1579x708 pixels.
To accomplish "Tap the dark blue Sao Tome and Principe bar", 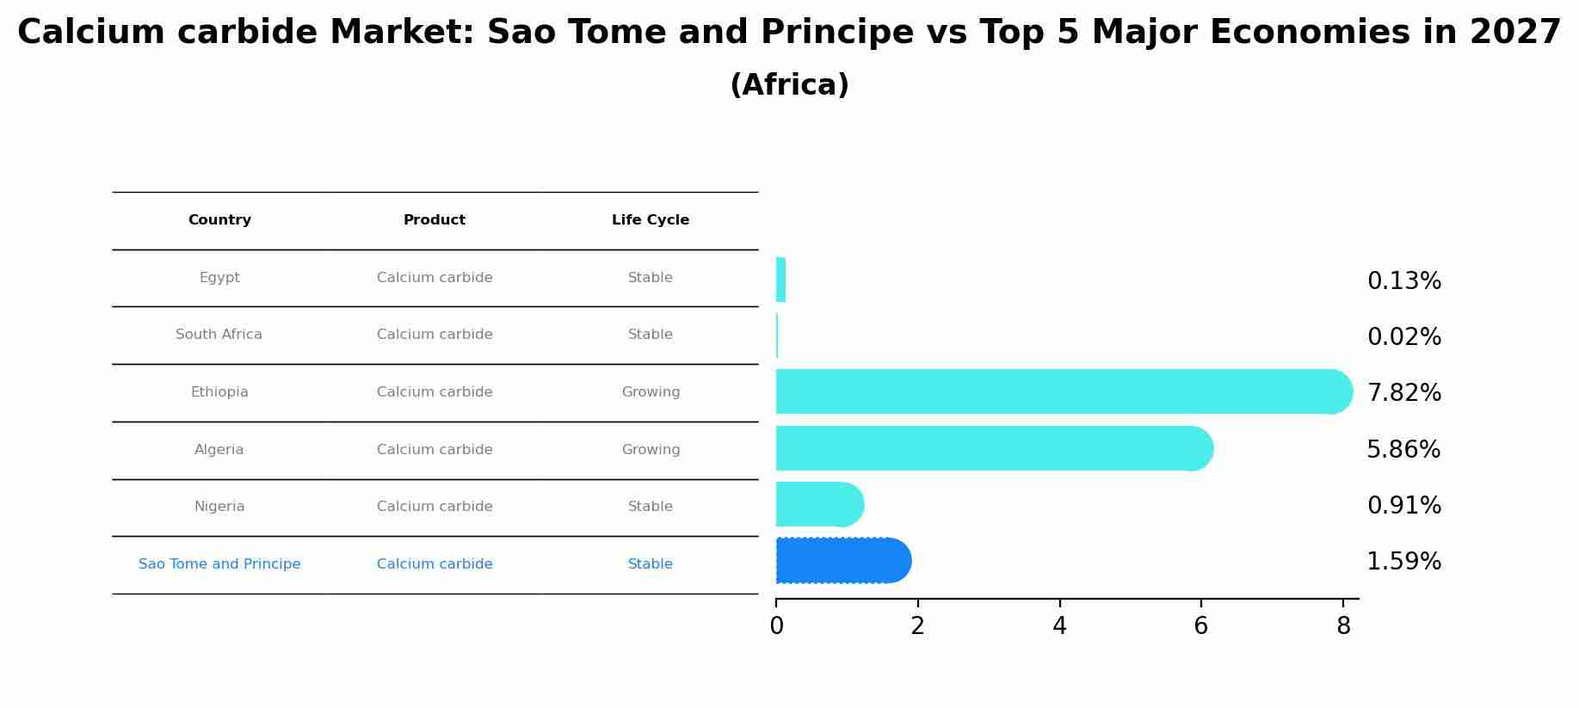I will pos(842,560).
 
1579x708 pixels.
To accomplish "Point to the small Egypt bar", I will pos(780,280).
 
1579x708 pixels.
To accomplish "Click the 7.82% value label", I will pos(1403,393).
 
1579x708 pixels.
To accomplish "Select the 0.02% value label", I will pos(1403,337).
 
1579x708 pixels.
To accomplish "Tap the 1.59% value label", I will pos(1403,562).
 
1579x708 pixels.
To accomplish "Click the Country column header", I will pos(219,220).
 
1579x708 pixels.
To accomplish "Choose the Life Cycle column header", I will pos(651,220).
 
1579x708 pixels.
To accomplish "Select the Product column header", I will pos(435,220).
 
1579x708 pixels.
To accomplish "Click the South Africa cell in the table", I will pos(219,335).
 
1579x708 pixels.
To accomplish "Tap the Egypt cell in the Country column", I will pos(219,278).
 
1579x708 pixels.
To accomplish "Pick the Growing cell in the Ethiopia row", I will pos(651,392).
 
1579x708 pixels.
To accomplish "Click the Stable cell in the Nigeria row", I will pos(651,507).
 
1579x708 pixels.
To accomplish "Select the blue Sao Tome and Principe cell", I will pos(219,564).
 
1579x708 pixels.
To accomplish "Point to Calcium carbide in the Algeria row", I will pos(435,450).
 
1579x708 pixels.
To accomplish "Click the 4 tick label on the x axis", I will pos(1059,626).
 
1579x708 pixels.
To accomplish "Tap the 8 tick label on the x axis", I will pos(1343,626).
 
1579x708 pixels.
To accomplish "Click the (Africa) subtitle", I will pos(789,85).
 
